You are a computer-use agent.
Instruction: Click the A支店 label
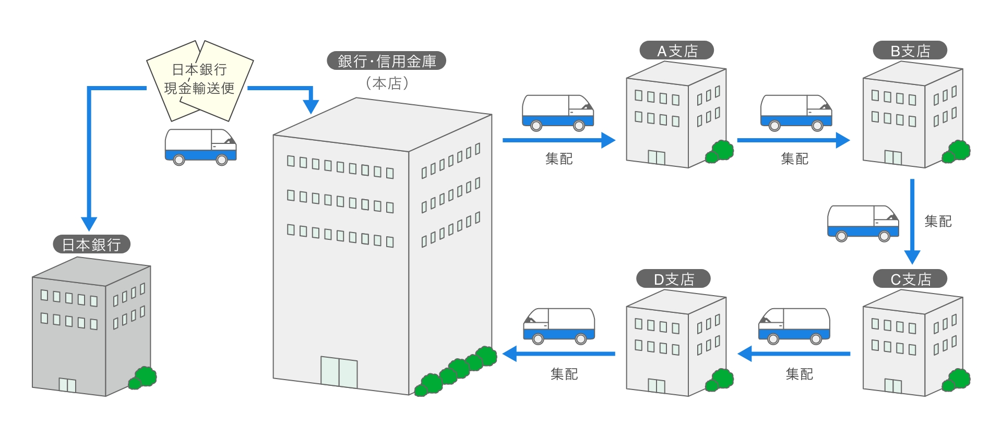(x=676, y=51)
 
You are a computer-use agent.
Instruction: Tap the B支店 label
(x=910, y=51)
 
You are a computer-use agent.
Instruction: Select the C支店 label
(x=910, y=279)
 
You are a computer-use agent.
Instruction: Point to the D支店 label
(x=673, y=279)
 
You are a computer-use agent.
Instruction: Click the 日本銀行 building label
(x=91, y=244)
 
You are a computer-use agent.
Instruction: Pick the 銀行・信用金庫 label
(x=386, y=61)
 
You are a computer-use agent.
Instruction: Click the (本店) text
(x=387, y=83)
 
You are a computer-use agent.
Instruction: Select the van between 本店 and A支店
(x=558, y=113)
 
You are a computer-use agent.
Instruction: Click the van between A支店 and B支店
(x=796, y=113)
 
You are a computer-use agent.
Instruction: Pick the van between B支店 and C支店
(x=863, y=223)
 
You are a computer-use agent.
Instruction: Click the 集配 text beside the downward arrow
(x=938, y=222)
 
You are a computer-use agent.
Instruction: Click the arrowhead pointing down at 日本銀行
(x=89, y=223)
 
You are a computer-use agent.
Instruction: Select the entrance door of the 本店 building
(x=339, y=372)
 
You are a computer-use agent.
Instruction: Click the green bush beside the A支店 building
(x=720, y=151)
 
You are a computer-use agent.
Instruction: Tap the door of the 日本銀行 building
(x=67, y=385)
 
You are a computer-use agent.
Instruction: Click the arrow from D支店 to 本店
(x=558, y=354)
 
